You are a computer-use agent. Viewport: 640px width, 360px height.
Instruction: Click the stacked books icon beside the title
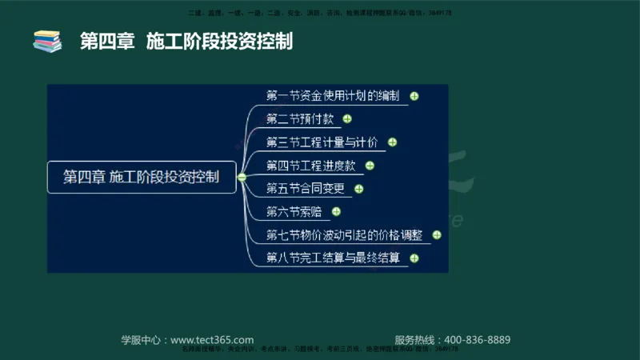tap(47, 41)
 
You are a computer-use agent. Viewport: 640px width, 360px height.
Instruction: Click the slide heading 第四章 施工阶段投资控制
tap(186, 41)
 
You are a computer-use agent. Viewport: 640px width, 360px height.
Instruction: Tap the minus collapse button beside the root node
tap(242, 178)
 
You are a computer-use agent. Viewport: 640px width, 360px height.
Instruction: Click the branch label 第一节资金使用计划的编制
tap(333, 96)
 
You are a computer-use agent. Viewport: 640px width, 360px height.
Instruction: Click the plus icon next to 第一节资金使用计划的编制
tap(414, 97)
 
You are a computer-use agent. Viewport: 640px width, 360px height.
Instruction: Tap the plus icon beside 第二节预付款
tap(346, 120)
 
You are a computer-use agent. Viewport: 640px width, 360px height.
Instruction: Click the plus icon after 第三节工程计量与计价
tap(392, 143)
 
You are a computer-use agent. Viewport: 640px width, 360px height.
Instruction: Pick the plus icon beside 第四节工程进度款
tap(370, 166)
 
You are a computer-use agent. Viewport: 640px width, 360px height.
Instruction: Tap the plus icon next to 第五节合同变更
tap(358, 190)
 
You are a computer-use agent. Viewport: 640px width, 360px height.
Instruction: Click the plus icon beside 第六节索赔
tap(336, 212)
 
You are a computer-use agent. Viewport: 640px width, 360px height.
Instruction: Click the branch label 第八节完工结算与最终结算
tap(333, 258)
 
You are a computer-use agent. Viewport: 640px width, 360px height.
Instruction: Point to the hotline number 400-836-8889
tap(474, 340)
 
